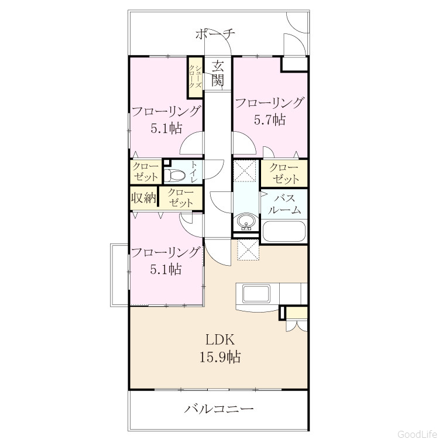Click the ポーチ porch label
point(215,35)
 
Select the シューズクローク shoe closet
point(195,77)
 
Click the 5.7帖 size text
point(270,119)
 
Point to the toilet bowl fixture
point(174,176)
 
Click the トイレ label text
point(194,172)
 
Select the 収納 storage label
point(144,198)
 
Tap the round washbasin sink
point(245,222)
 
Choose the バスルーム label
point(284,204)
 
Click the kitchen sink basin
point(256,294)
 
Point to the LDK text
point(220,340)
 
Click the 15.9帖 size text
point(220,357)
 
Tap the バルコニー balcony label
point(219,409)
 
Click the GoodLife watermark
point(418,434)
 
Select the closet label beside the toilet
point(145,172)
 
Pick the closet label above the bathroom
point(284,173)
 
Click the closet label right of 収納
point(181,198)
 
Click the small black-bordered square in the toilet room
point(167,162)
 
